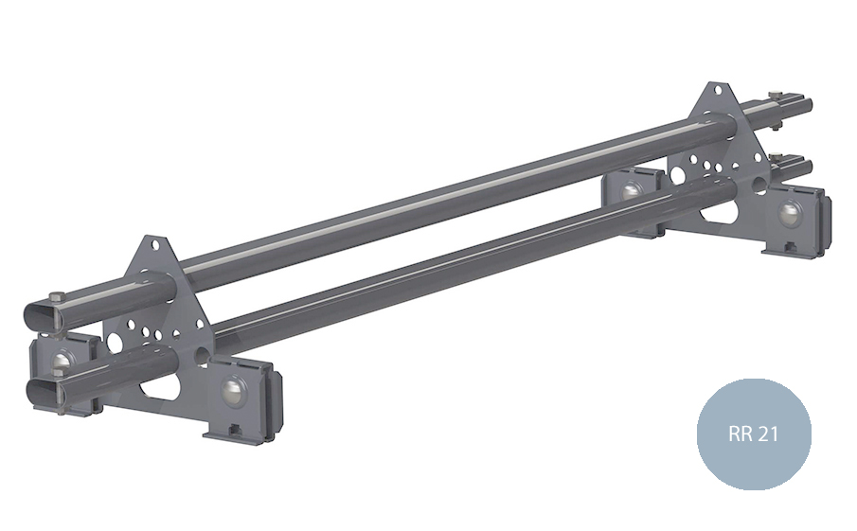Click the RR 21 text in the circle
tap(753, 434)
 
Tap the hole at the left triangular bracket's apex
tap(155, 244)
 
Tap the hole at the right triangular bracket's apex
tap(719, 90)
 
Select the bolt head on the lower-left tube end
tap(58, 372)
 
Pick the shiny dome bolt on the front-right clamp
tap(790, 213)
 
